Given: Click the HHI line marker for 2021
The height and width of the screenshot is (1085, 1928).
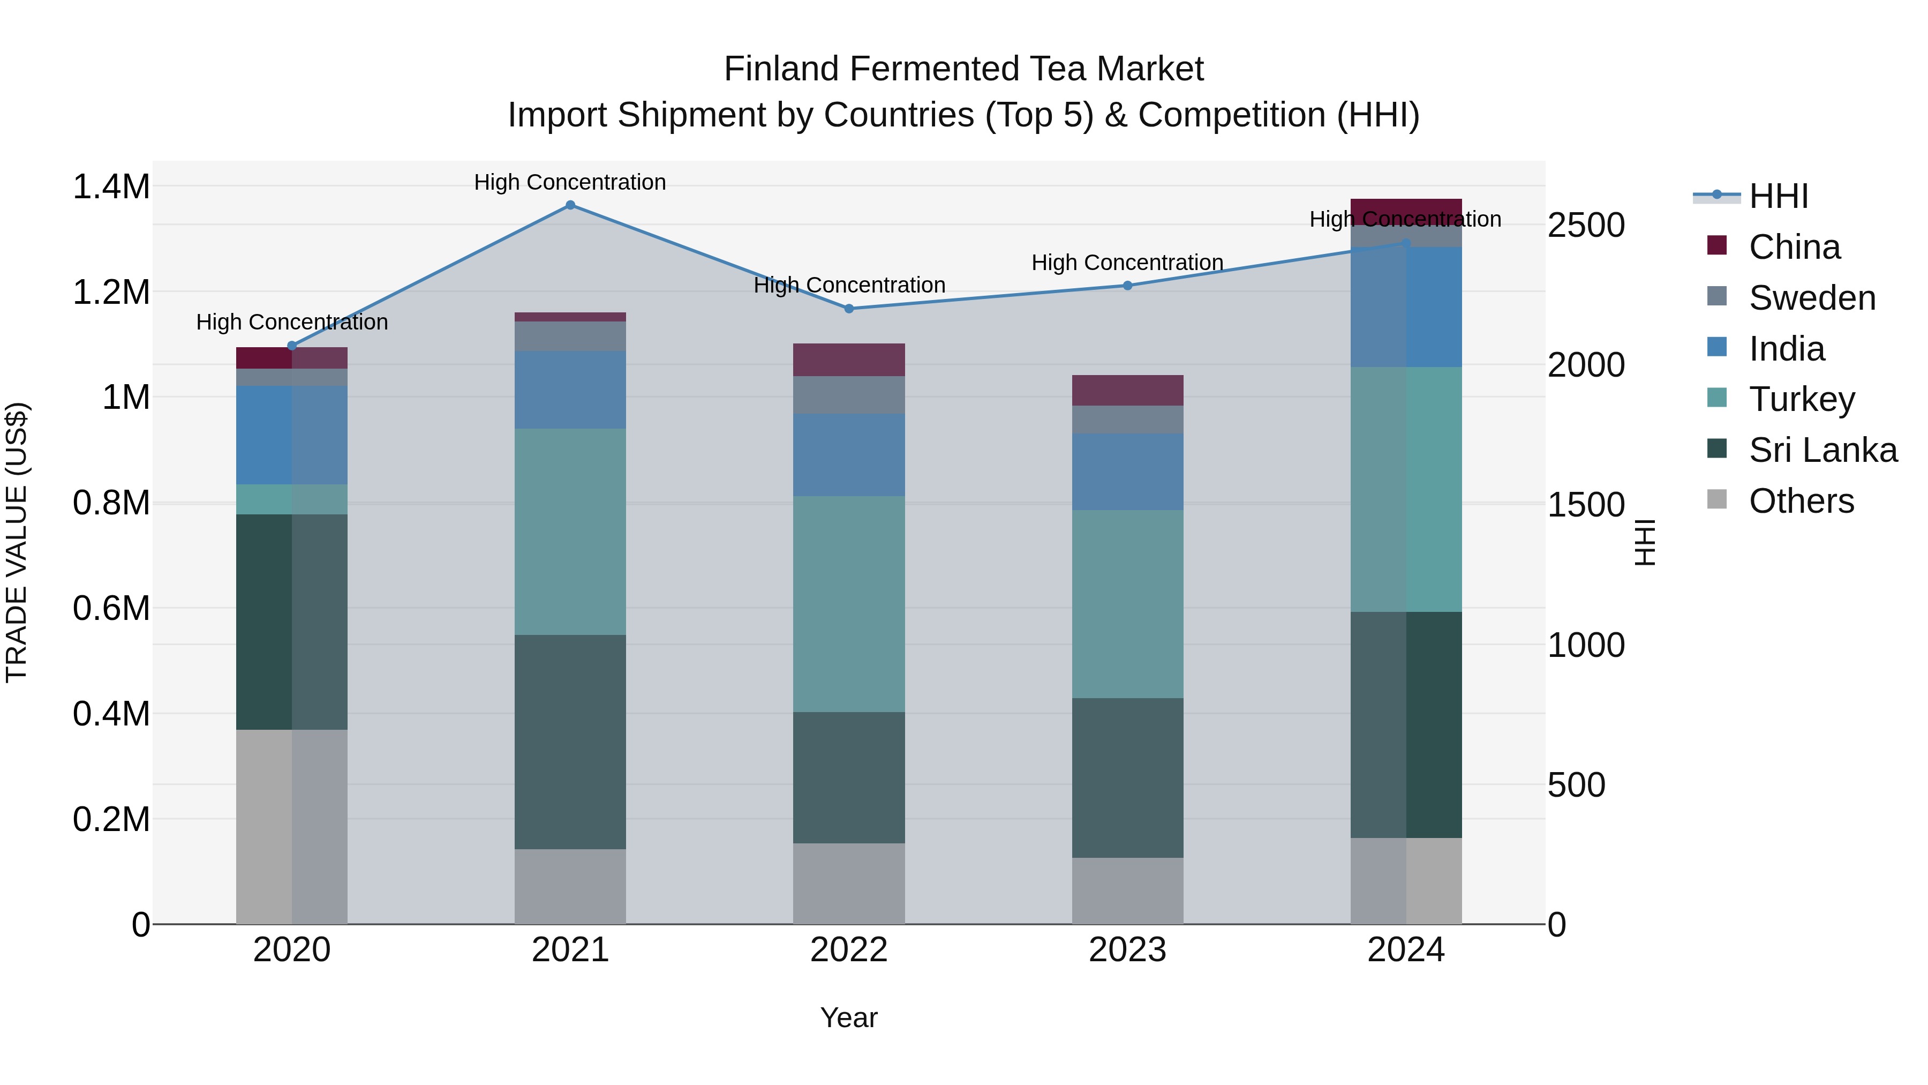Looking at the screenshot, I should point(570,205).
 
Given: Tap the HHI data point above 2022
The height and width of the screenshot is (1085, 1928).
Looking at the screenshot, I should point(849,309).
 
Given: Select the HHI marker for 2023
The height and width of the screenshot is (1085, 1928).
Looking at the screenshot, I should point(1128,285).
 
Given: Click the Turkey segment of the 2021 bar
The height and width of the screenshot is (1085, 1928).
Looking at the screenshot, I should point(570,532).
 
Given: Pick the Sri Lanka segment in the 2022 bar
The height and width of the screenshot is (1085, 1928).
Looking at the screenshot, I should point(849,777).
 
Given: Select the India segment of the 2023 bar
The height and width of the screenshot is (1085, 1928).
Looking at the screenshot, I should point(1128,472).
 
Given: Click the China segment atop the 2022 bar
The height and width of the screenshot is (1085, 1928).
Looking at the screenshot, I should point(849,360).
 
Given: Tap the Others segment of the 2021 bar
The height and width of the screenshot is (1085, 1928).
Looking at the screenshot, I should point(570,887).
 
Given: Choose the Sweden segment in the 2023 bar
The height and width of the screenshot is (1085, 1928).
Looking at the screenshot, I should point(1128,420).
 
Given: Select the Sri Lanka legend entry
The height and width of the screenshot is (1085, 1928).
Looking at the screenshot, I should point(1822,450).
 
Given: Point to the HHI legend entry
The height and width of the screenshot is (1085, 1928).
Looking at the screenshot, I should point(1778,196).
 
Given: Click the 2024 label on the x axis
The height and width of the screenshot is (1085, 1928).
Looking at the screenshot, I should point(1406,950).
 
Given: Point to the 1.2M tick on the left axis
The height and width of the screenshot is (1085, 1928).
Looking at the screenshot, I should point(111,292).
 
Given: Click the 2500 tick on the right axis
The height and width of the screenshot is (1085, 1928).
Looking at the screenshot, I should point(1586,226).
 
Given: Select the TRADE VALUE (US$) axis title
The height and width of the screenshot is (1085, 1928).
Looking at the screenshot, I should point(17,542).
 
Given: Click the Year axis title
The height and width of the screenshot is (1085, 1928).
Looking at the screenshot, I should point(849,1017).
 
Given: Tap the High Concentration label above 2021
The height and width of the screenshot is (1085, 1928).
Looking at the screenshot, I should point(570,182).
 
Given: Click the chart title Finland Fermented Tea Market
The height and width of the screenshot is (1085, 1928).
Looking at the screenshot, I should point(963,69).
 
